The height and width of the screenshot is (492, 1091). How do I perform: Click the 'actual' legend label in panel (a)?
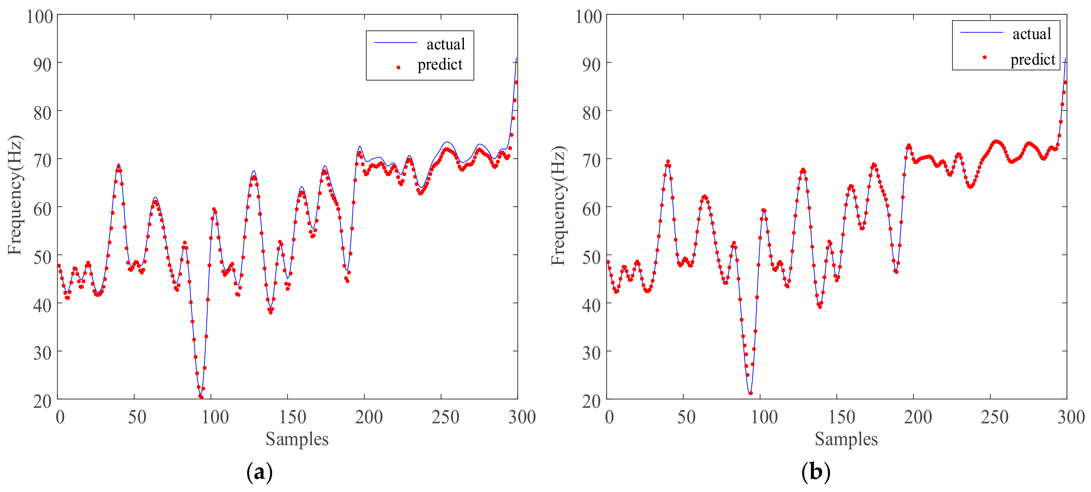tap(446, 44)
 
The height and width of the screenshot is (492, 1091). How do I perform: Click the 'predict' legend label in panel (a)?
tap(440, 65)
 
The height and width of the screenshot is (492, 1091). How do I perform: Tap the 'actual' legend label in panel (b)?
tap(1032, 34)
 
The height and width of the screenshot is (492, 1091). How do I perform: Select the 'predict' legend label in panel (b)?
tap(1033, 60)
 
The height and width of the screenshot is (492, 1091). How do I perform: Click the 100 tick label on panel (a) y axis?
tap(40, 17)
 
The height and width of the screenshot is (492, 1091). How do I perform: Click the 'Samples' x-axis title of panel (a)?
tap(297, 439)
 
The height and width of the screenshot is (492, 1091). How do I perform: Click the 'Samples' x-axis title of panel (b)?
tap(846, 439)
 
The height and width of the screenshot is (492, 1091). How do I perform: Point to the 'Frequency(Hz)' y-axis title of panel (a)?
tap(15, 195)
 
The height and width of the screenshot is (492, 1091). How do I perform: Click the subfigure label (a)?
tap(259, 472)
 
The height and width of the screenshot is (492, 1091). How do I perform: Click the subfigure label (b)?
tap(815, 472)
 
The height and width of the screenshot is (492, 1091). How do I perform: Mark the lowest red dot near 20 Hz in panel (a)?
tap(201, 397)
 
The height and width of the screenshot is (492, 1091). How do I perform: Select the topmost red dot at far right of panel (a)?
tap(516, 82)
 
